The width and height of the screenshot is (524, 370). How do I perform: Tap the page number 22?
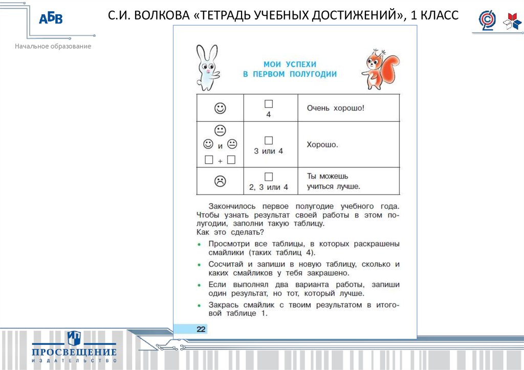(x=201, y=329)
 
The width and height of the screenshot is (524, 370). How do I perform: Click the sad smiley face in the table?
(x=220, y=180)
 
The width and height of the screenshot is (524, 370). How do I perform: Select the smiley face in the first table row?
(x=220, y=108)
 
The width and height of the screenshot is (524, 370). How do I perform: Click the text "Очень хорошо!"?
(x=336, y=108)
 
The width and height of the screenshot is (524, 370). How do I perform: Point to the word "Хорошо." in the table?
(x=322, y=145)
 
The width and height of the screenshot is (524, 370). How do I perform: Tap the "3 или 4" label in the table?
(x=269, y=151)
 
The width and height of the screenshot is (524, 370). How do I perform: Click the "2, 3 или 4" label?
(x=269, y=187)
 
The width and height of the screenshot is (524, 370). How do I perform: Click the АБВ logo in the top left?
(x=51, y=19)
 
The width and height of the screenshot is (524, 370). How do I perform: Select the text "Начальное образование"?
(x=53, y=47)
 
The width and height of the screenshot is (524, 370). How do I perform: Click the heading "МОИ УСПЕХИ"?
(x=290, y=64)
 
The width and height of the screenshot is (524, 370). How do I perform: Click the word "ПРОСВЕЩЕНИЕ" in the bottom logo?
(x=74, y=352)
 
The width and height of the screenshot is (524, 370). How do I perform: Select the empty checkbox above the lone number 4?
(x=269, y=104)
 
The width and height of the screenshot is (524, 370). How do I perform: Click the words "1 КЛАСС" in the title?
(x=434, y=15)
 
